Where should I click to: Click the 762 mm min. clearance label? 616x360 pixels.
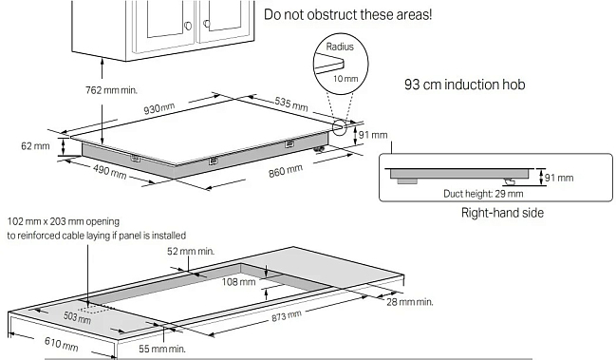click(112, 90)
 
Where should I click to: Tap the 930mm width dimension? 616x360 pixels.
click(159, 107)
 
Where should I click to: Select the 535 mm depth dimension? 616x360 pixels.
click(291, 104)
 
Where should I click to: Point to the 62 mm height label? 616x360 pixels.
click(35, 146)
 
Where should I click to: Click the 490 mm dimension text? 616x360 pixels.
click(109, 171)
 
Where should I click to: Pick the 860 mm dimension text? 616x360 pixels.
click(286, 171)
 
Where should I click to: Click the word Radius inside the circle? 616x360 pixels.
click(340, 47)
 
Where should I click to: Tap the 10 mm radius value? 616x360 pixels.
click(345, 79)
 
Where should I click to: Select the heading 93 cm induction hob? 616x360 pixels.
click(465, 85)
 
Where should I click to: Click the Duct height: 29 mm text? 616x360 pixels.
click(483, 194)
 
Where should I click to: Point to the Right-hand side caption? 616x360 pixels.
click(502, 213)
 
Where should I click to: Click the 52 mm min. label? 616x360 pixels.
click(191, 251)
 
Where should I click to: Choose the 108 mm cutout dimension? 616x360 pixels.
click(238, 281)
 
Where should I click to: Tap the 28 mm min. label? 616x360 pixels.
click(410, 302)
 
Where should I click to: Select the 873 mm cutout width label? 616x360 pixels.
click(287, 315)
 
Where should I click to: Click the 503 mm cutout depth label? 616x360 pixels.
click(78, 316)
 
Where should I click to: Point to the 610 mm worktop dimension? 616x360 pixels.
click(62, 344)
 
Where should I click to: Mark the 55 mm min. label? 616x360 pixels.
click(162, 349)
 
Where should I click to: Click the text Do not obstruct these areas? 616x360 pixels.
click(347, 14)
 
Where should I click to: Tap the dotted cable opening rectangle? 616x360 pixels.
click(95, 308)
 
